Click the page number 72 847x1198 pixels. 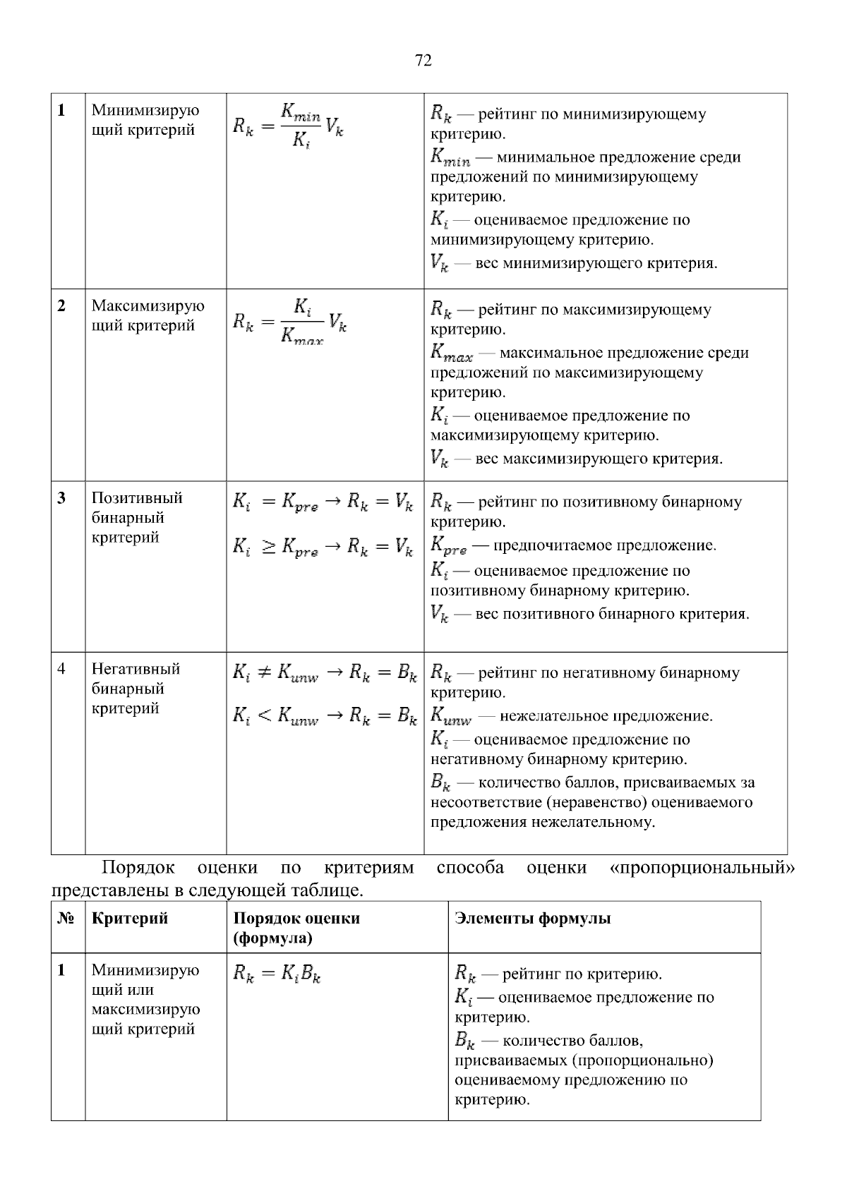(x=423, y=61)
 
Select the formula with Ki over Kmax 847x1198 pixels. (x=289, y=322)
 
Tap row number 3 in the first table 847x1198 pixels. (x=62, y=498)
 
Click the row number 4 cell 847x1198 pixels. (x=62, y=669)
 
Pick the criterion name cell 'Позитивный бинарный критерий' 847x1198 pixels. (x=137, y=518)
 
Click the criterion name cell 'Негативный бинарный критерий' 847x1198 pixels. (x=136, y=689)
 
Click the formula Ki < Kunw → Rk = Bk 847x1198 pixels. (x=325, y=717)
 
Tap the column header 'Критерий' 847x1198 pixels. (x=130, y=919)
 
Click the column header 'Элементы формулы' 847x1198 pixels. (x=533, y=919)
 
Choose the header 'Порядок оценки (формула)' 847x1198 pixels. (x=296, y=928)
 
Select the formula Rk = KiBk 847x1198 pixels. (x=277, y=976)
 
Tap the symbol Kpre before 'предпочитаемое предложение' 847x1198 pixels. (x=448, y=546)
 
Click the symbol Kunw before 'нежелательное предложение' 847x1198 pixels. (x=452, y=716)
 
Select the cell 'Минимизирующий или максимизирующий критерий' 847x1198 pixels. (x=145, y=1000)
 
